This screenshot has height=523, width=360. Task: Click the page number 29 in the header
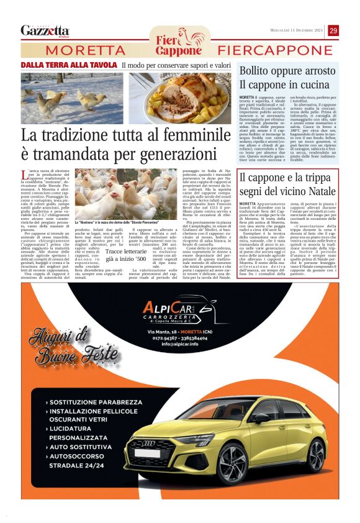pyautogui.click(x=333, y=30)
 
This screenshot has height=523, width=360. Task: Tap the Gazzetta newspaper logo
pyautogui.click(x=45, y=30)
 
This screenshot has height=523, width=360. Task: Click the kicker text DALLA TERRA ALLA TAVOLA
pyautogui.click(x=69, y=65)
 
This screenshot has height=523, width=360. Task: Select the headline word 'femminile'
pyautogui.click(x=192, y=135)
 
